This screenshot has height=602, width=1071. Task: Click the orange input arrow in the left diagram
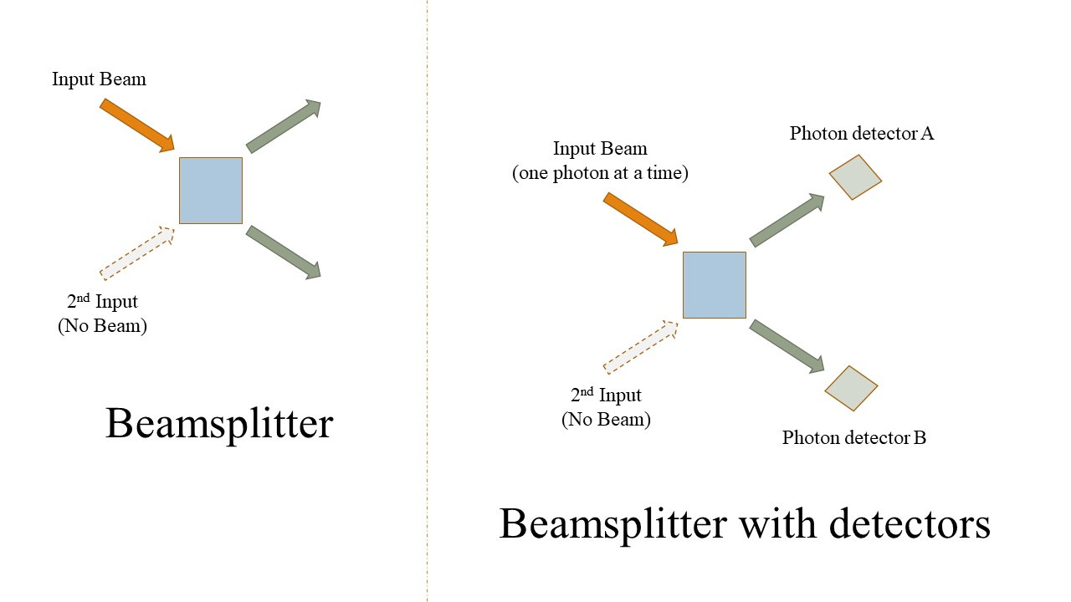click(x=136, y=125)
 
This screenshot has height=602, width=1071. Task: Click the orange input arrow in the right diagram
click(x=640, y=219)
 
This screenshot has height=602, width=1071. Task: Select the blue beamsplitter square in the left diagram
click(x=211, y=191)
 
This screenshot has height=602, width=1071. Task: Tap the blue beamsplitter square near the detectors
click(x=715, y=285)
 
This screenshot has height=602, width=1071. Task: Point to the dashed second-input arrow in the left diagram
click(x=136, y=252)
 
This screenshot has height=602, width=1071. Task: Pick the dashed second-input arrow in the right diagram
click(x=640, y=346)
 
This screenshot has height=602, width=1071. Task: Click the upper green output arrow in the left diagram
click(x=284, y=126)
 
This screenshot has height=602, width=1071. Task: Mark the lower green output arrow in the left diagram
click(x=284, y=252)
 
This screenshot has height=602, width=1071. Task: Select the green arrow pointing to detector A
click(x=787, y=220)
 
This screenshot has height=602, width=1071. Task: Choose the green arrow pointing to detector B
click(x=787, y=345)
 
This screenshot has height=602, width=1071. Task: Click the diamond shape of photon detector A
click(x=855, y=176)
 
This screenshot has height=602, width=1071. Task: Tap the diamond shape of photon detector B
click(x=851, y=388)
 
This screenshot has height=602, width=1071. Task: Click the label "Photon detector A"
click(x=862, y=133)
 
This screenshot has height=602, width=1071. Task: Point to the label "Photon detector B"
click(x=854, y=437)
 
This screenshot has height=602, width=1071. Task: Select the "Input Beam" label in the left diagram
click(x=99, y=79)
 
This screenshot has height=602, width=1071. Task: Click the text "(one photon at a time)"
click(x=600, y=174)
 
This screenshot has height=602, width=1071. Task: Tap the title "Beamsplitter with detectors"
click(x=745, y=524)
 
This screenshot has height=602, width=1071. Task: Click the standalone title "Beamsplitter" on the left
click(x=219, y=423)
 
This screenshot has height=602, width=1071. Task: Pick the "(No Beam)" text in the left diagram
click(x=102, y=326)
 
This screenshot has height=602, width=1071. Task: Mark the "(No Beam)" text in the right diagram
click(x=606, y=420)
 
